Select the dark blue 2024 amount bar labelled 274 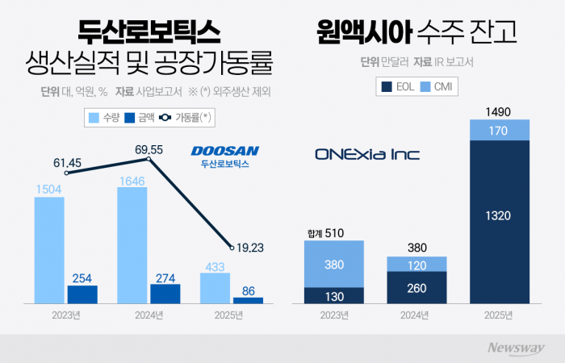point(165,294)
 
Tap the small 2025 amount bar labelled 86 point(249,300)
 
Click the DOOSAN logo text point(224,151)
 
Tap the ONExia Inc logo point(367,154)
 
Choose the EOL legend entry point(399,86)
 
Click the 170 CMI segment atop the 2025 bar point(500,130)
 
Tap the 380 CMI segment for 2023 point(334,264)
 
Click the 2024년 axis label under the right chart point(416,315)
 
